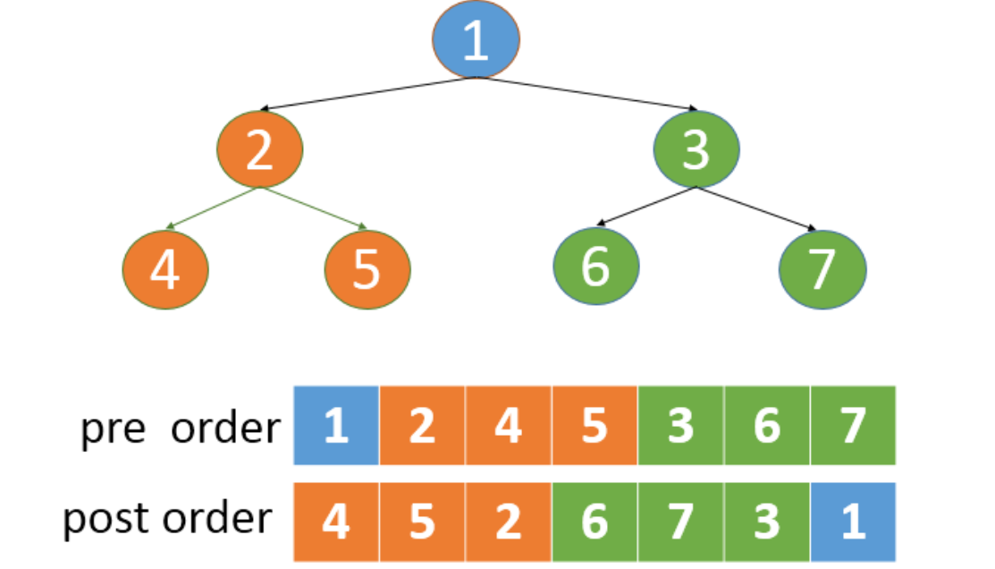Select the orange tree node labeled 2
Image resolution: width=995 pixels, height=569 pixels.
pyautogui.click(x=259, y=149)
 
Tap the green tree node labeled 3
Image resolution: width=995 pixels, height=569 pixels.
pyautogui.click(x=696, y=149)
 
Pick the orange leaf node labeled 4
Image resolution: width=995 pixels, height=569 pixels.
pyautogui.click(x=164, y=268)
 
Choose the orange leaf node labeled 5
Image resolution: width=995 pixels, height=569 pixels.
pyautogui.click(x=367, y=268)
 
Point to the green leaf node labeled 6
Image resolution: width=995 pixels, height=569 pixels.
pyautogui.click(x=594, y=267)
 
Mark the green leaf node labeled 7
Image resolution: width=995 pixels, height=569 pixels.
pyautogui.click(x=822, y=268)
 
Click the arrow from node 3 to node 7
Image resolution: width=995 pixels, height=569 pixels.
pyautogui.click(x=756, y=208)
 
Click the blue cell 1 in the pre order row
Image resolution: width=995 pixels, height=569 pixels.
pyautogui.click(x=336, y=426)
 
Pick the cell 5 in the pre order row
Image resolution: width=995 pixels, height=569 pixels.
pyautogui.click(x=594, y=426)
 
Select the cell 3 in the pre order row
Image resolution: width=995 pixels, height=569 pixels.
pyautogui.click(x=680, y=426)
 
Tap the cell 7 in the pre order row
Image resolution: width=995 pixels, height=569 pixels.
pyautogui.click(x=853, y=426)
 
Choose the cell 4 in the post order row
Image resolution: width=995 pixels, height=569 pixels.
pyautogui.click(x=336, y=522)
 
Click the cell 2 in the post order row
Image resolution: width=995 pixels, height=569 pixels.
pyautogui.click(x=508, y=522)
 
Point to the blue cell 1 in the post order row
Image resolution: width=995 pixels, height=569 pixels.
pyautogui.click(x=853, y=522)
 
